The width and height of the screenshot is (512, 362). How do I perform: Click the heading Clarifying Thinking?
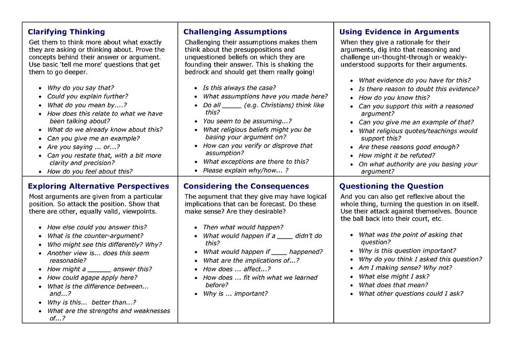pyautogui.click(x=66, y=32)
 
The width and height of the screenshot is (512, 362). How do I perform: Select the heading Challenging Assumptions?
pyautogui.click(x=235, y=32)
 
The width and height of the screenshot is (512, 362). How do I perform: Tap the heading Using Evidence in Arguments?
pyautogui.click(x=399, y=32)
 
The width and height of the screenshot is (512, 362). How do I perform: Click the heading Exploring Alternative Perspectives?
pyautogui.click(x=98, y=186)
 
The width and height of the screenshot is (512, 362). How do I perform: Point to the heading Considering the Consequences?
pyautogui.click(x=246, y=186)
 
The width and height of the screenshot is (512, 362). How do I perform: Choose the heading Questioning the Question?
pyautogui.click(x=391, y=186)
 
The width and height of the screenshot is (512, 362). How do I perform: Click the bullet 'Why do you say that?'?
pyautogui.click(x=80, y=88)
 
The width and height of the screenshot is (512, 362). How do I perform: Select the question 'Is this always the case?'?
pyautogui.click(x=239, y=88)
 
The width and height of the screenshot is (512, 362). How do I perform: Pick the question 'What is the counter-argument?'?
pyautogui.click(x=95, y=236)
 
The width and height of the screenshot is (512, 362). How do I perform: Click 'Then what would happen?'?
pyautogui.click(x=243, y=227)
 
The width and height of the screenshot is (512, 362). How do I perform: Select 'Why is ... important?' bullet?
pyautogui.click(x=235, y=294)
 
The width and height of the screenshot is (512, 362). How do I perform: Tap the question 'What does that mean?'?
pyautogui.click(x=393, y=285)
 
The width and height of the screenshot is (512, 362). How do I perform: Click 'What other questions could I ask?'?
pyautogui.click(x=411, y=294)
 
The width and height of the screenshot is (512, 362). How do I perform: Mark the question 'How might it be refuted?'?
pyautogui.click(x=397, y=156)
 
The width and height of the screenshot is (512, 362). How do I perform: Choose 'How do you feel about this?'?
pyautogui.click(x=90, y=172)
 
